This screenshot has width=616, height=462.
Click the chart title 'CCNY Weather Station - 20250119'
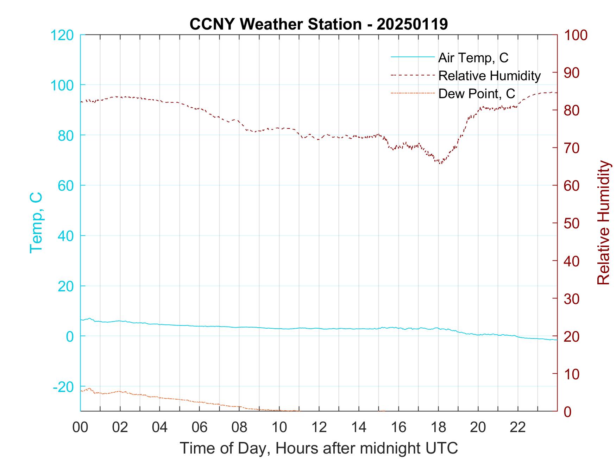pyautogui.click(x=319, y=24)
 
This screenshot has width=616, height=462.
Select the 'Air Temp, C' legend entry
pyautogui.click(x=473, y=58)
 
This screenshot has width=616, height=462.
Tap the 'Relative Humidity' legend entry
pyautogui.click(x=489, y=76)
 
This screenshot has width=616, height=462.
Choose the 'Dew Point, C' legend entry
pyautogui.click(x=477, y=94)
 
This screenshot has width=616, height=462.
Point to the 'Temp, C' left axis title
pyautogui.click(x=36, y=222)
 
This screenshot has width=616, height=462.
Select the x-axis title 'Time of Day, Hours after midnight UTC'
pyautogui.click(x=319, y=448)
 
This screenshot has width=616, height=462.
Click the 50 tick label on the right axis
pyautogui.click(x=572, y=223)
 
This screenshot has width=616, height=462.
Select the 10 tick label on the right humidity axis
pyautogui.click(x=572, y=374)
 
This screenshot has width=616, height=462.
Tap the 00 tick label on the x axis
pyautogui.click(x=81, y=427)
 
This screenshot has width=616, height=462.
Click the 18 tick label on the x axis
pyautogui.click(x=438, y=427)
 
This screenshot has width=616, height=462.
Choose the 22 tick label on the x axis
pyautogui.click(x=518, y=427)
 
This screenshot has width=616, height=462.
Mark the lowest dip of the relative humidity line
pyautogui.click(x=440, y=163)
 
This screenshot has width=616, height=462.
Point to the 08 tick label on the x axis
pyautogui.click(x=239, y=427)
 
